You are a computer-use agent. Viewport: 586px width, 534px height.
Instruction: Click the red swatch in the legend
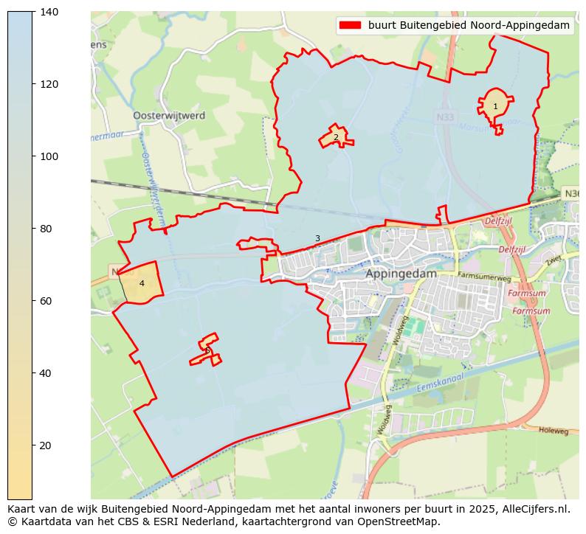349,25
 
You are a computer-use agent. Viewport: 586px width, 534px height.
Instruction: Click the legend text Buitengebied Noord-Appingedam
469,25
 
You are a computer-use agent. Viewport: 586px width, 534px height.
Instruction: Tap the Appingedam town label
401,273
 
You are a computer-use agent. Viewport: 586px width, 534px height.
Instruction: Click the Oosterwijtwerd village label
169,116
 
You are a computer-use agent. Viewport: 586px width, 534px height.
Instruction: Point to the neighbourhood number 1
495,107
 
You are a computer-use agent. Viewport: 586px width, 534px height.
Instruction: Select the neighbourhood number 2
336,137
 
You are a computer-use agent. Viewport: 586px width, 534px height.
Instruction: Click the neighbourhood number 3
317,238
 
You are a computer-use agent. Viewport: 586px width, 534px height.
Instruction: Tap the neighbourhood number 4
142,283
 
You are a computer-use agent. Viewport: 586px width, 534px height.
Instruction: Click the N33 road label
445,117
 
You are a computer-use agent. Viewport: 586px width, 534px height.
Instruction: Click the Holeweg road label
554,430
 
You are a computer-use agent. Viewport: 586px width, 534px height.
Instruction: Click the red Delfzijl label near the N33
499,221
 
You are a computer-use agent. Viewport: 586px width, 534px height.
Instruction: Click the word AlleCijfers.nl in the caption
537,508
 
